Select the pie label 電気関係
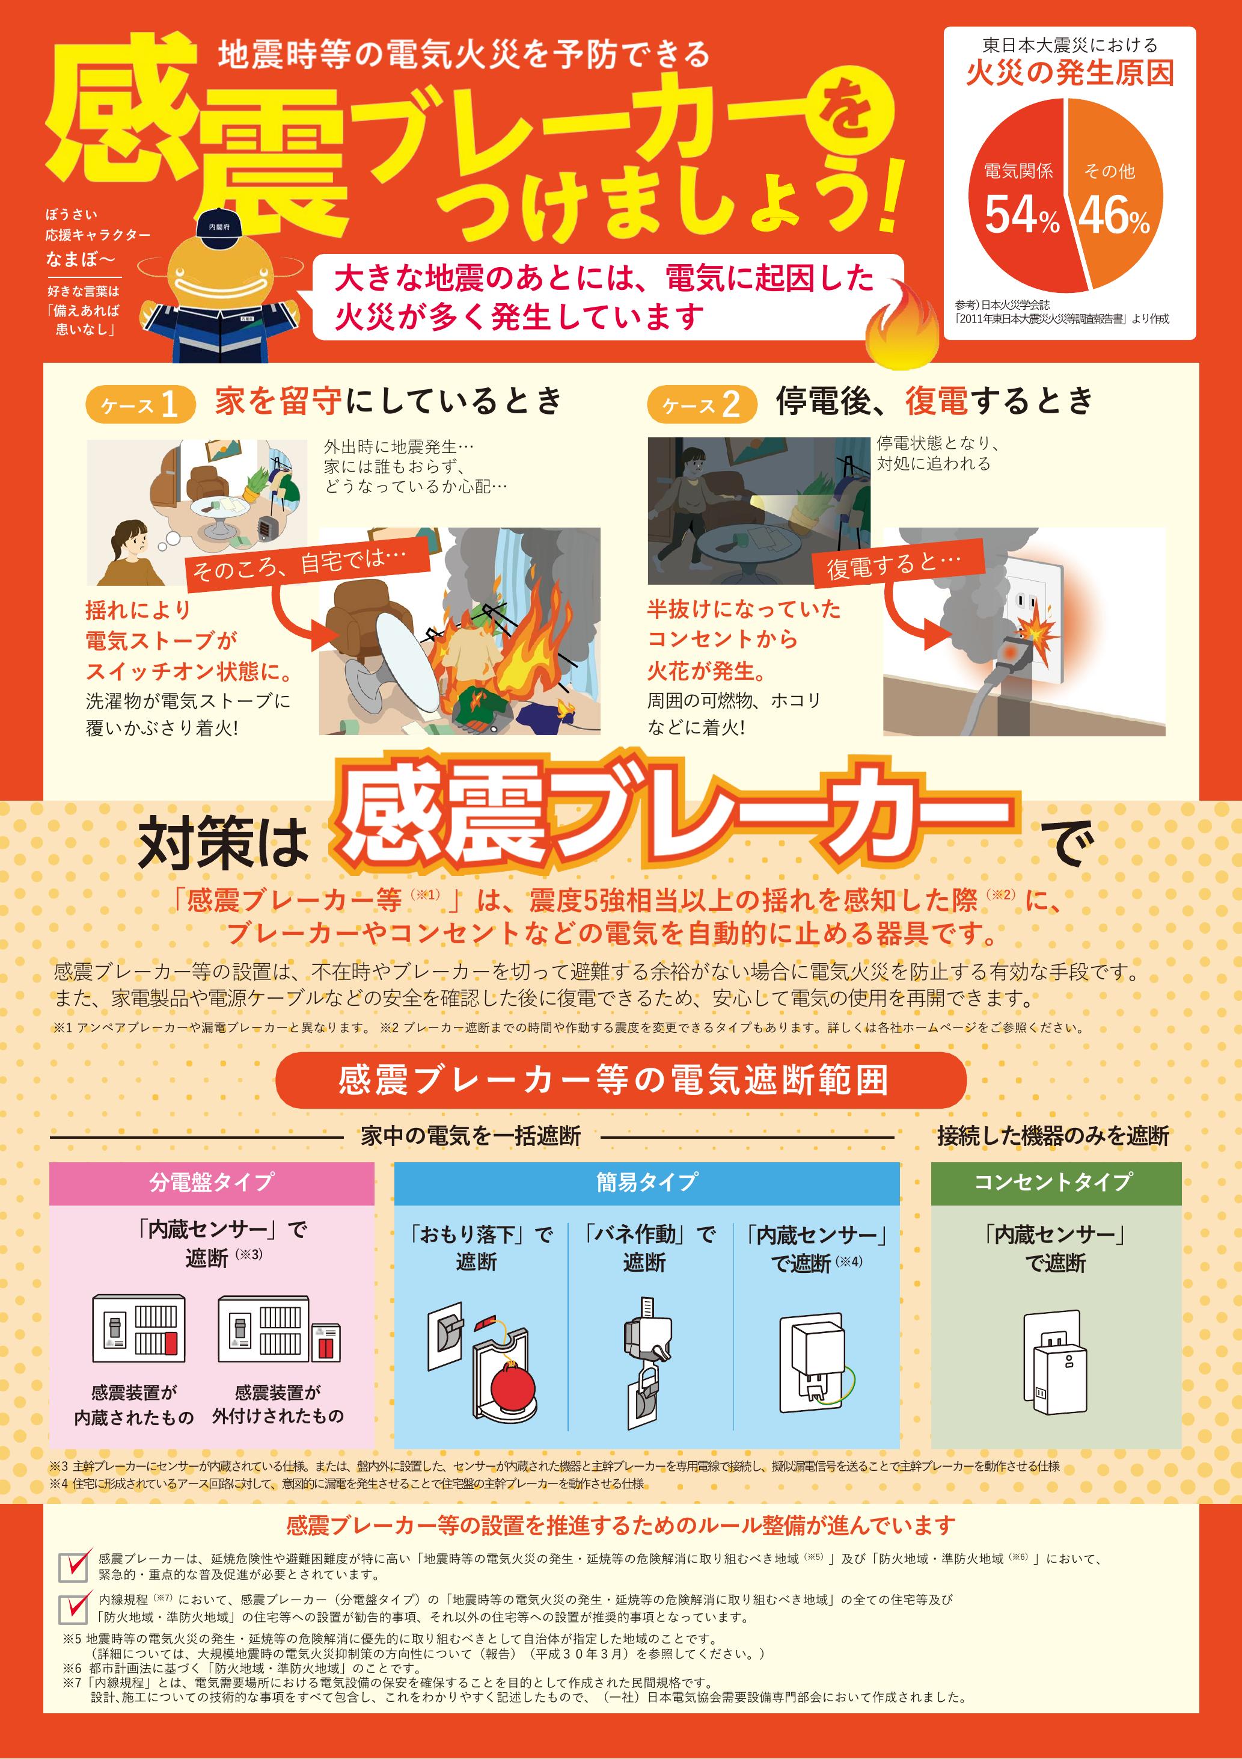click(x=1018, y=171)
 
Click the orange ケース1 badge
click(x=140, y=404)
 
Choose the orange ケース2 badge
click(x=702, y=404)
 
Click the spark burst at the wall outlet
click(x=1029, y=630)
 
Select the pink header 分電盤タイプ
click(x=212, y=1182)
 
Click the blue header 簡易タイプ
click(x=647, y=1182)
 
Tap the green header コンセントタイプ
click(x=1056, y=1182)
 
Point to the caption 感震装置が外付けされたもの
click(x=278, y=1404)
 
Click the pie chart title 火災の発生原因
click(x=1069, y=73)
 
